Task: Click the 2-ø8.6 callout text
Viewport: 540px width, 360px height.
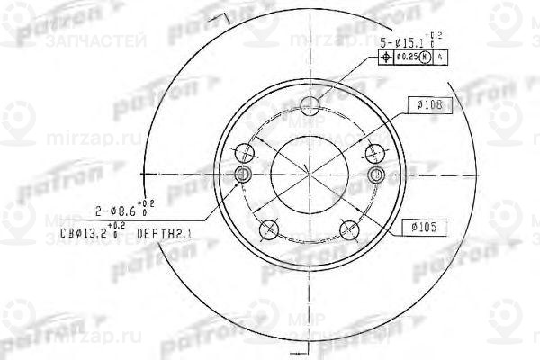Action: tap(114, 211)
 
